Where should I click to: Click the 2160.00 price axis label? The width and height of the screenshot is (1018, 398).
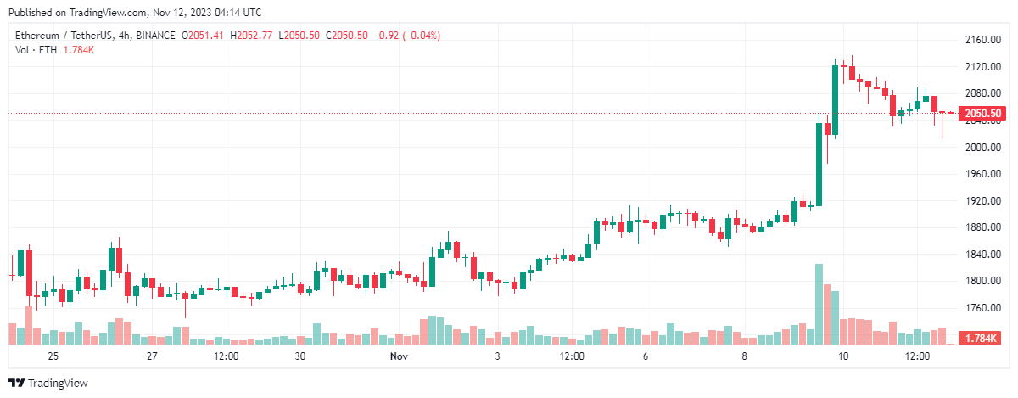(982, 40)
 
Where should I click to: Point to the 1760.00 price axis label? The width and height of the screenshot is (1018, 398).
(982, 308)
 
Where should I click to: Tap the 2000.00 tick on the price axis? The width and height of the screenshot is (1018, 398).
(982, 148)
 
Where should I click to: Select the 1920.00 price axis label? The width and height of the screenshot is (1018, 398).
(982, 201)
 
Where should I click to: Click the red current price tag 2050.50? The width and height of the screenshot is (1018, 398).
(983, 114)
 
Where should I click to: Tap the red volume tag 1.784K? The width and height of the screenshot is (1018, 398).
(982, 339)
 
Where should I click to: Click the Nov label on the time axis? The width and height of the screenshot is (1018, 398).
(400, 356)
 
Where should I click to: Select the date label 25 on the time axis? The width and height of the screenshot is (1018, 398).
(53, 356)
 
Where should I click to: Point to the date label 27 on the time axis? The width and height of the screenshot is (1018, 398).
(152, 356)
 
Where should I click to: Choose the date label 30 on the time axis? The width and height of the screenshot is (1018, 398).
(300, 356)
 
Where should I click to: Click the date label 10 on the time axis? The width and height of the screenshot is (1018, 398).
(843, 356)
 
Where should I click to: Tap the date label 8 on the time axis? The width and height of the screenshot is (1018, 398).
(745, 356)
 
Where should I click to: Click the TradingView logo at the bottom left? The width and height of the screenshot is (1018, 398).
(48, 383)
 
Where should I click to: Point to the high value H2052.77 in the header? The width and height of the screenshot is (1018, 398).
(255, 36)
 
